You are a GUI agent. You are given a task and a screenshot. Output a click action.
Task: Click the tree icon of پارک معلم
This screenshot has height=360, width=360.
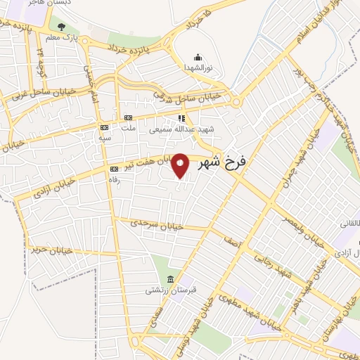62,27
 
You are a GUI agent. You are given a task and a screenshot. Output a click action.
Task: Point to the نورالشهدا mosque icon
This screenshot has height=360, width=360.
198,58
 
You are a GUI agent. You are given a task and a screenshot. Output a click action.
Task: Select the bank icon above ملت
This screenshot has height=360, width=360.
128,118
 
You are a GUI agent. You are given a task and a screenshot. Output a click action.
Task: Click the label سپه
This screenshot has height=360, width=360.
105,139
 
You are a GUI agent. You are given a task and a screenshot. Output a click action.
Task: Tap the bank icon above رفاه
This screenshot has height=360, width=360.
114,169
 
